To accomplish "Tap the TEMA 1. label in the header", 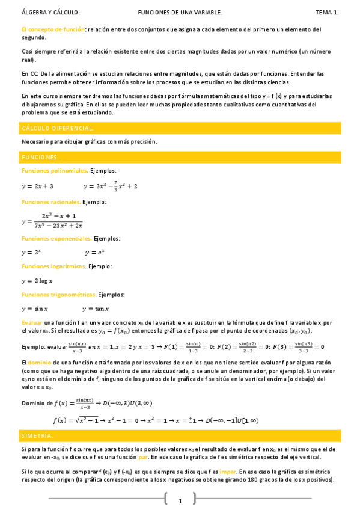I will (x=328, y=12).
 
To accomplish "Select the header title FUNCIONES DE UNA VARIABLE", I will (x=180, y=12).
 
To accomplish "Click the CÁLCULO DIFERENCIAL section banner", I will (x=180, y=128).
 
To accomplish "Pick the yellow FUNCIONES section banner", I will (x=180, y=157).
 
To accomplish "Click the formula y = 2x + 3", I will (x=37, y=186).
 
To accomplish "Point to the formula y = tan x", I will (x=97, y=309).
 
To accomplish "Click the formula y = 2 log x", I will (x=37, y=281).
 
